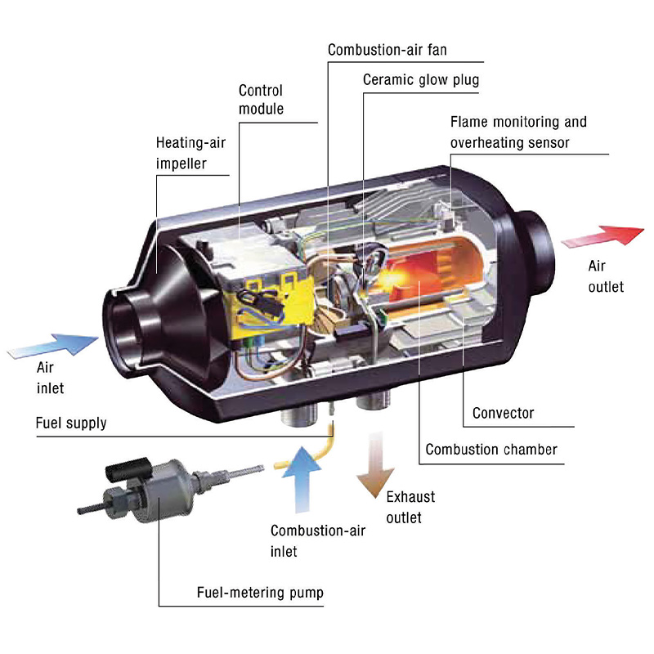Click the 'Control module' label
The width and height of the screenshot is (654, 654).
click(261, 99)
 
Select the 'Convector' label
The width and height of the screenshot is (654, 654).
click(503, 413)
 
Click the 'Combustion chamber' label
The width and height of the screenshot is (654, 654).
click(490, 449)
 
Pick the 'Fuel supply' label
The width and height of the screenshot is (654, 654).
click(71, 423)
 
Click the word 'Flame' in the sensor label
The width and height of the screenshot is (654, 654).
click(468, 122)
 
